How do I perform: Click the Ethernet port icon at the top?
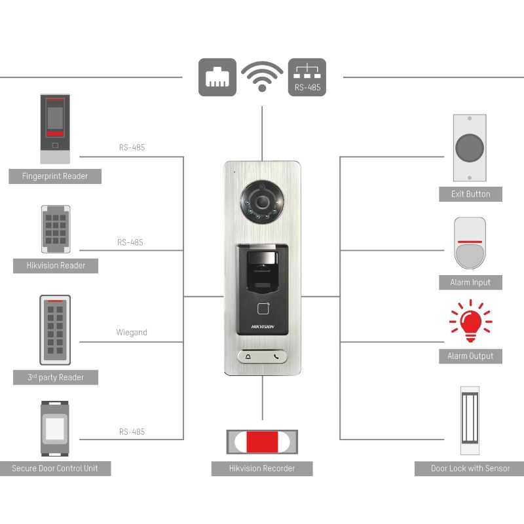[217, 77]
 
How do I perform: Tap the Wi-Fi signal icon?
[262, 77]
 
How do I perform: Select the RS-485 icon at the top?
[307, 77]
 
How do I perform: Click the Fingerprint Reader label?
[55, 176]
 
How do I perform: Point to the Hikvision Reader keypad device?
[56, 229]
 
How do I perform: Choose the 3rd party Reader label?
[55, 377]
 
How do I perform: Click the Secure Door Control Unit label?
[55, 468]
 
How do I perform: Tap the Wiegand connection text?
[132, 333]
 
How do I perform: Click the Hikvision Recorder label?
[262, 468]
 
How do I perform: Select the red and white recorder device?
[262, 441]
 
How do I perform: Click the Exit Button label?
[470, 194]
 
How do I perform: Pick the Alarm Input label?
[470, 282]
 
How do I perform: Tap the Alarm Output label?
[470, 356]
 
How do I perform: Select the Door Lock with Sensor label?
[470, 468]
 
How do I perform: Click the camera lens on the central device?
[261, 200]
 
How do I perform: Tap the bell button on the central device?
[248, 358]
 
